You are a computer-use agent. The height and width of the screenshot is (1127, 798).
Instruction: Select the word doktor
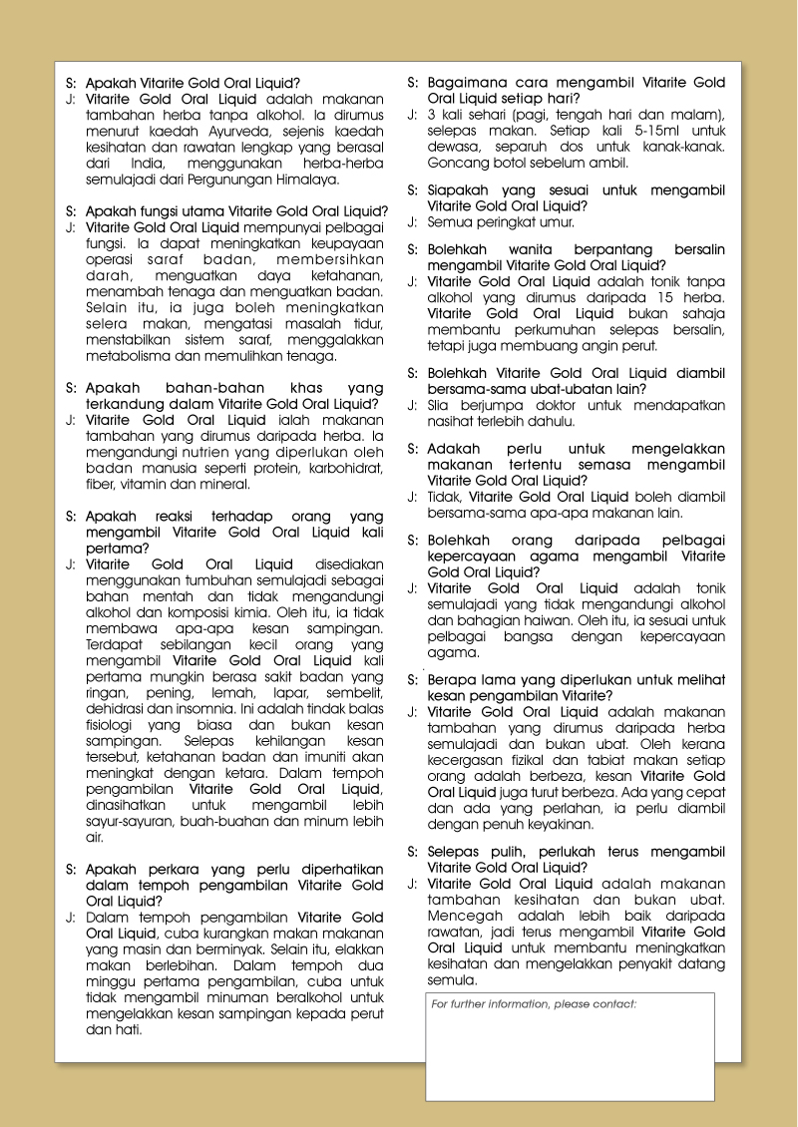point(556,405)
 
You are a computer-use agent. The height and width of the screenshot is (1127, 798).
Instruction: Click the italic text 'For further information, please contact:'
point(534,1004)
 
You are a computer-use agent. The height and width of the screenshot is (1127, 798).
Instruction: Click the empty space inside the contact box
point(570,1057)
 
